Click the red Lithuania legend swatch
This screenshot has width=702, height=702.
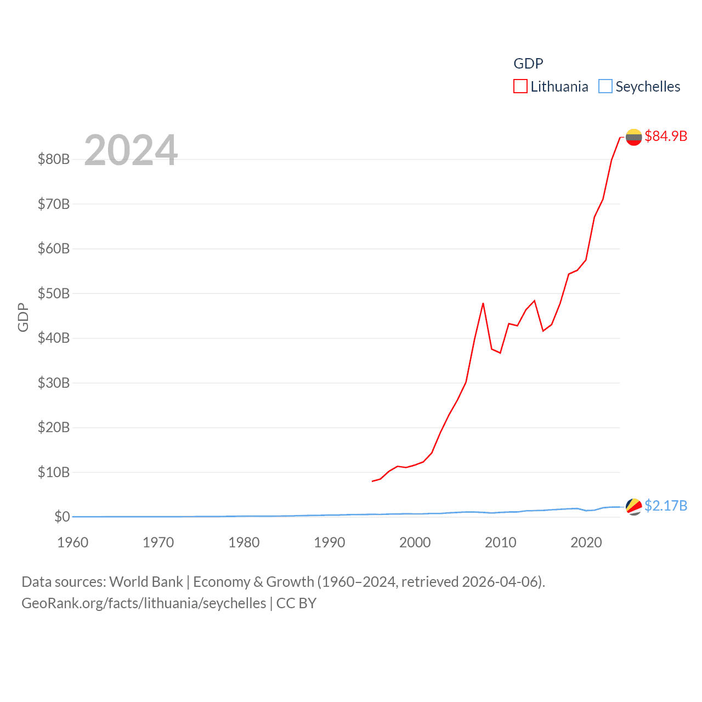pos(520,87)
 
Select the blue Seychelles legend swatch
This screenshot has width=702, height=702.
pos(605,87)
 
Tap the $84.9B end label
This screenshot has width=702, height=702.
pos(666,136)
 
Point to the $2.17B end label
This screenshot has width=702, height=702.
pos(666,506)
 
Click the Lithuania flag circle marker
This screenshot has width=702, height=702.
pos(633,137)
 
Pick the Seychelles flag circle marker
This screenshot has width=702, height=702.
pos(633,507)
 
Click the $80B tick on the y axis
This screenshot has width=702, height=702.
pos(54,160)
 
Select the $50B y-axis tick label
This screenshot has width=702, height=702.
pos(54,293)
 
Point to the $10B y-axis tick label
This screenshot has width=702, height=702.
pos(54,472)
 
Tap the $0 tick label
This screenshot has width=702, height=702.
pos(62,517)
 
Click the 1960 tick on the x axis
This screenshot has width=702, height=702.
pos(73,542)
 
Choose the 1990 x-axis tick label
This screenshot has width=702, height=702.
pos(330,542)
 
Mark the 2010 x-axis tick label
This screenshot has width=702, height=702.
pos(501,542)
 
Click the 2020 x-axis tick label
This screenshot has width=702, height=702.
pos(586,542)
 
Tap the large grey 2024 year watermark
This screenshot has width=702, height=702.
pos(131,150)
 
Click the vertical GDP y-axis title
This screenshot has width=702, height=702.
pos(23,317)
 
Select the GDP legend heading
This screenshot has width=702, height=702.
pos(528,64)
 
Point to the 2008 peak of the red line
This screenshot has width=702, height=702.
pos(483,303)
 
